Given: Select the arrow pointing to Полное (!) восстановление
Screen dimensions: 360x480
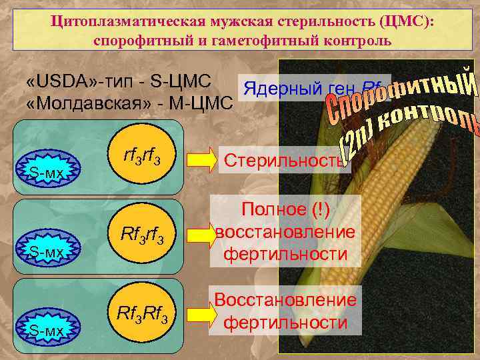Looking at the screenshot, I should [197, 235].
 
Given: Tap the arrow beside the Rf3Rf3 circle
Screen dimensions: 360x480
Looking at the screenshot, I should [197, 312].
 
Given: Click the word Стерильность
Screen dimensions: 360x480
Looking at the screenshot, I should [284, 161].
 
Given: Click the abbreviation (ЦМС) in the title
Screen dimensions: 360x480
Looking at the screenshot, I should [405, 22].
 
